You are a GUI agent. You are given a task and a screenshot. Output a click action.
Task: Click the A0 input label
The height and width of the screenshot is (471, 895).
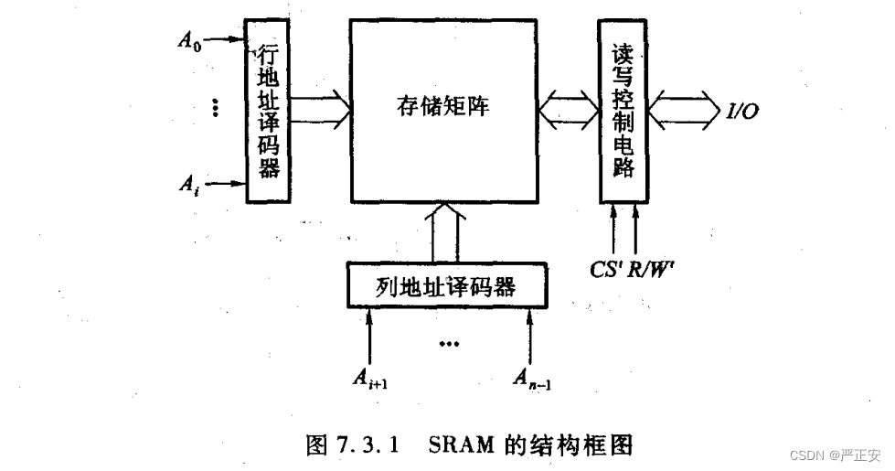(x=189, y=41)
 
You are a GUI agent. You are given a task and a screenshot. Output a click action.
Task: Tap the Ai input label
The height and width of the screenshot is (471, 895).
(x=187, y=185)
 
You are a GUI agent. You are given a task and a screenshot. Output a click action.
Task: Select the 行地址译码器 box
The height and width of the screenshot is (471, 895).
(x=269, y=109)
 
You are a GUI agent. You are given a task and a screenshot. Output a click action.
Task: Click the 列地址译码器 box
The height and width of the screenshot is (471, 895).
(x=447, y=287)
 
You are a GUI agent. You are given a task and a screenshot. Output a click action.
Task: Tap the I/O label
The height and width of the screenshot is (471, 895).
(x=741, y=111)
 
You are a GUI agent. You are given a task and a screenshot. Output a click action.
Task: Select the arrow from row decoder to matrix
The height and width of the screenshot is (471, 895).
(x=323, y=108)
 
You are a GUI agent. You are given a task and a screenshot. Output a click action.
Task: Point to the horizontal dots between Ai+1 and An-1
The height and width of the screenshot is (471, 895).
(x=449, y=345)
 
